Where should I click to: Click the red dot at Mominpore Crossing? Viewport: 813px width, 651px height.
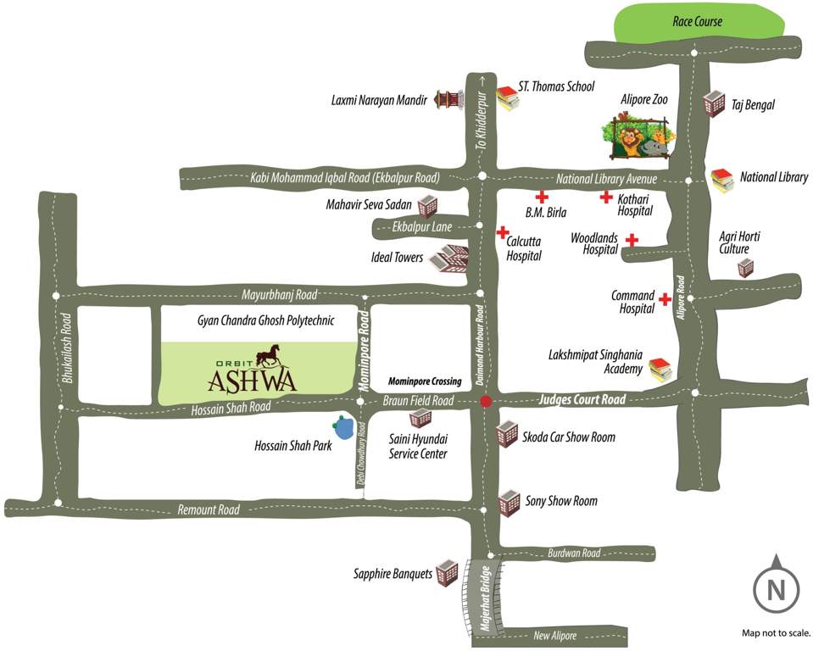(486, 402)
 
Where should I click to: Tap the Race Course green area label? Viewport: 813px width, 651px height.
(697, 21)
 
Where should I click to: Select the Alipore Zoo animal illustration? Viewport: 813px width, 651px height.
(638, 134)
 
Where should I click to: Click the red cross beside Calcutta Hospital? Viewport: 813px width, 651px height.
(502, 232)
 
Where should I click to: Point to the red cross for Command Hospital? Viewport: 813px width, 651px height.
(665, 300)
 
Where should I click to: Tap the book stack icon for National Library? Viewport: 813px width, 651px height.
(721, 180)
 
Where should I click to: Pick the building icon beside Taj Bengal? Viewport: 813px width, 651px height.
(714, 104)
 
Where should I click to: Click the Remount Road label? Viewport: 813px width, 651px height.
(209, 509)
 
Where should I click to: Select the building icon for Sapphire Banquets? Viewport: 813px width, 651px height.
(447, 573)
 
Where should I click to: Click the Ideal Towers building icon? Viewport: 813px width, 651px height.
(448, 259)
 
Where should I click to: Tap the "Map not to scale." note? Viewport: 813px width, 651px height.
(776, 632)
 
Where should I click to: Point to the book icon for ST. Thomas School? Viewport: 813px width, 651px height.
(507, 98)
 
